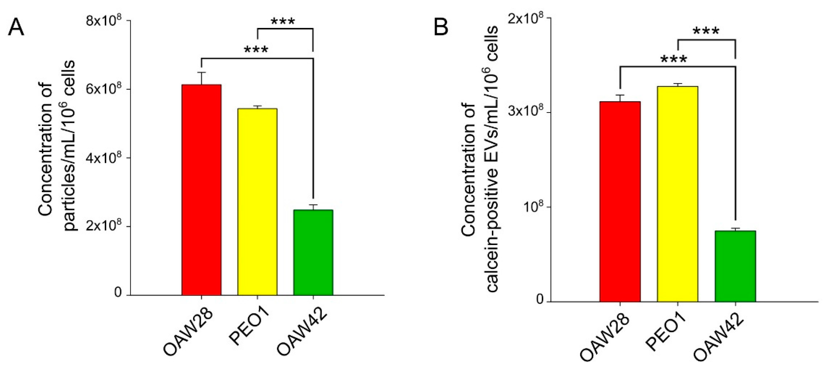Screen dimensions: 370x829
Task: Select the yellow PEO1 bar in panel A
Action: (x=257, y=202)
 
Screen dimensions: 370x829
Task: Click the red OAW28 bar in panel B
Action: (x=620, y=201)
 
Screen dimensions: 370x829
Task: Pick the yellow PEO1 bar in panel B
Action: (x=678, y=194)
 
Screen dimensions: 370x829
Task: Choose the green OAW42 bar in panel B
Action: (x=735, y=266)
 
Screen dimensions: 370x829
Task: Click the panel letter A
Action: (x=16, y=27)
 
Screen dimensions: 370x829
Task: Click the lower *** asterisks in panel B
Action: (x=674, y=59)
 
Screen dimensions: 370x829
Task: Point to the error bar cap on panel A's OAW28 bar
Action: (x=201, y=72)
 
